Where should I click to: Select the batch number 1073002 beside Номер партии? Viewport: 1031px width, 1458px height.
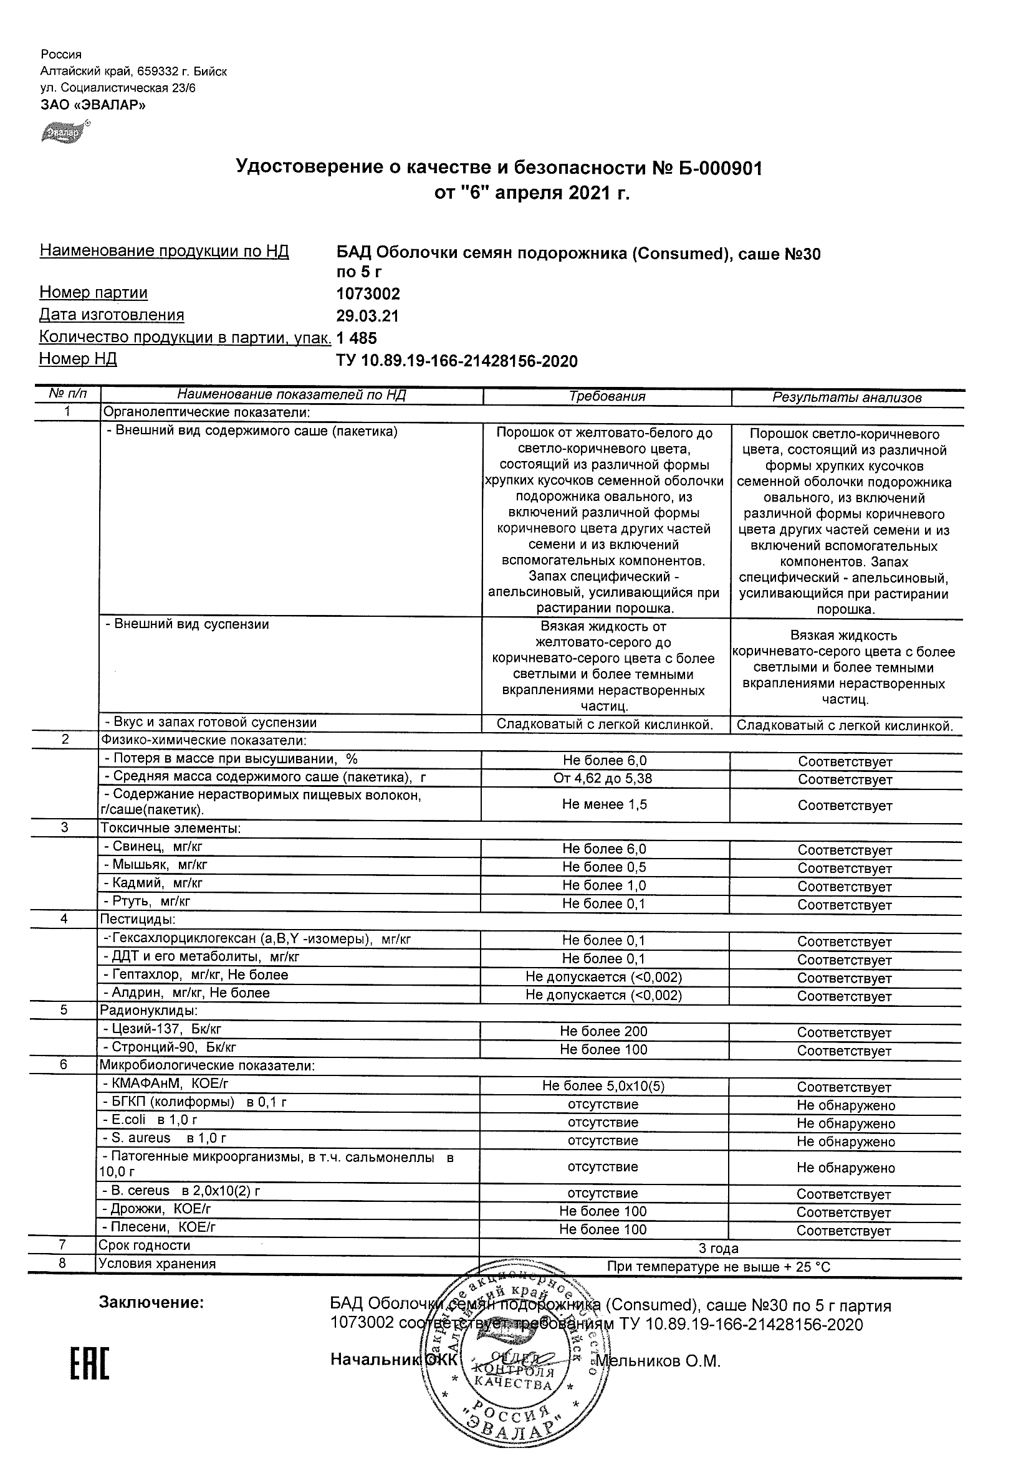point(368,293)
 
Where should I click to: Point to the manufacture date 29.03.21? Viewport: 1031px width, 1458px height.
point(367,316)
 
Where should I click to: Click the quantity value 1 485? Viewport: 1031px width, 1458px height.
point(357,338)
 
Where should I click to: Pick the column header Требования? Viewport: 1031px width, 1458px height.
point(607,397)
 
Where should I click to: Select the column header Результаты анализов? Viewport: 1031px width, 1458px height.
point(846,398)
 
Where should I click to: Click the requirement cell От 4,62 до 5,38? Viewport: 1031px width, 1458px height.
point(603,778)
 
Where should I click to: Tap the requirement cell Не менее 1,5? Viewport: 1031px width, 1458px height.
point(604,804)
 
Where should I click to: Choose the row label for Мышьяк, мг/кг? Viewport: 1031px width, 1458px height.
point(155,865)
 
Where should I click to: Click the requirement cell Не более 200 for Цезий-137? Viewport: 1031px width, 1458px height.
point(603,1032)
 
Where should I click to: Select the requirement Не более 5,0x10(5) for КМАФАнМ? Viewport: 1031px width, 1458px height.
point(603,1087)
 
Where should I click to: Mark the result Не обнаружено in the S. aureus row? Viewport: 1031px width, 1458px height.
point(845,1141)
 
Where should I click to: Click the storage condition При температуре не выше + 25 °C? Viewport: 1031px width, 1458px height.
point(719,1266)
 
